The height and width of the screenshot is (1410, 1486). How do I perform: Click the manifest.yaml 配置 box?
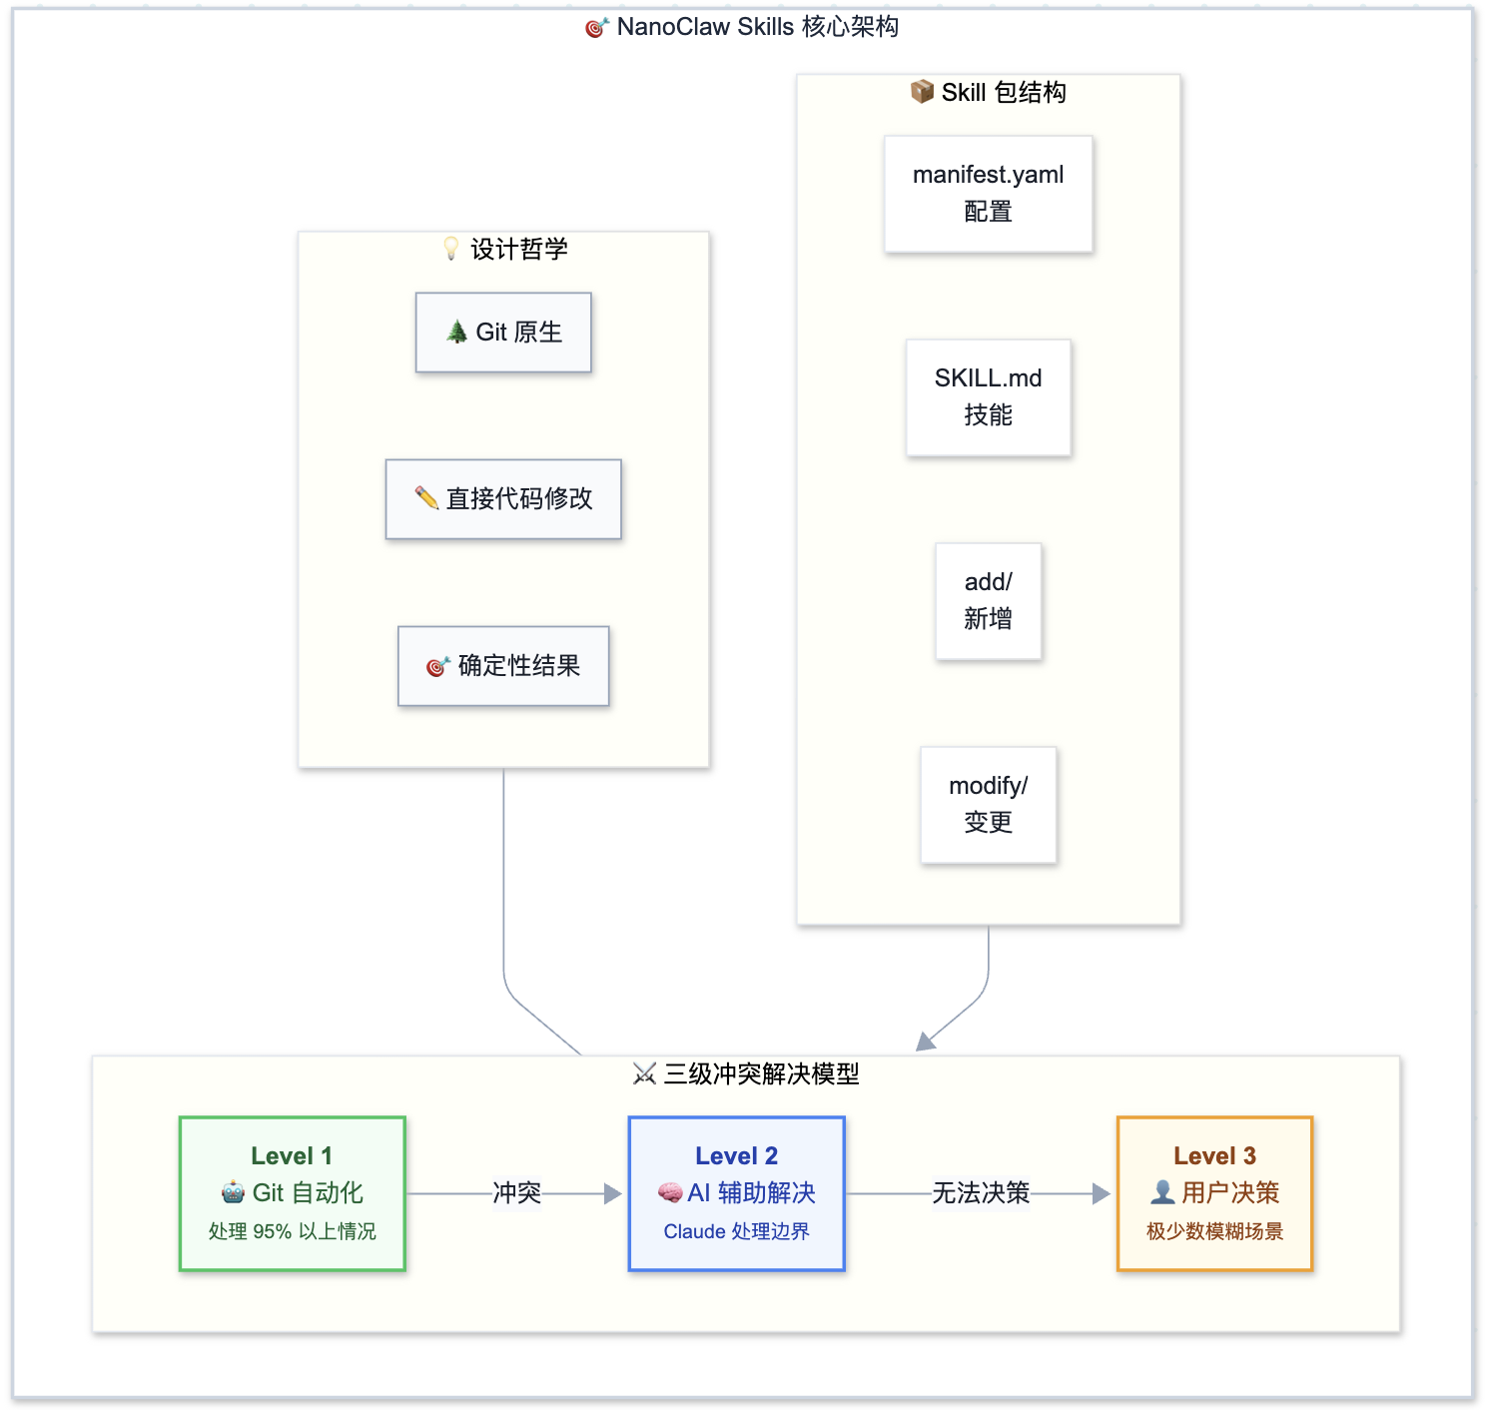[x=988, y=194]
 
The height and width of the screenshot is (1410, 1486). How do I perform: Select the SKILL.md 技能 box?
[x=988, y=397]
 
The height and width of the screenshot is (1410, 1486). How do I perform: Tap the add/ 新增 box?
[x=988, y=601]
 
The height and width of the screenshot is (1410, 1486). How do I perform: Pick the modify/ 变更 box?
[x=988, y=805]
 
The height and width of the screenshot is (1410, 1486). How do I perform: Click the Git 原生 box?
[x=503, y=333]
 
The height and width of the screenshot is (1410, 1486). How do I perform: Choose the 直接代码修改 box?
[x=503, y=499]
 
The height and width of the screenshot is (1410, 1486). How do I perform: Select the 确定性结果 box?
[x=503, y=666]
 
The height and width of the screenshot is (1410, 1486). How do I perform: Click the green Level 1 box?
[x=292, y=1193]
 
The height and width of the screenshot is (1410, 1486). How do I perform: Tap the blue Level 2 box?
[x=736, y=1193]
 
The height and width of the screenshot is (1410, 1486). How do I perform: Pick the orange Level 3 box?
[x=1214, y=1193]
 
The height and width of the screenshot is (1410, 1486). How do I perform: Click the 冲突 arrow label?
[x=516, y=1193]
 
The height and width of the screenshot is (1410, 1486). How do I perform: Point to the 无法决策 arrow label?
[x=980, y=1193]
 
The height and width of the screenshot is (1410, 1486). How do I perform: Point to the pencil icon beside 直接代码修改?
[x=426, y=497]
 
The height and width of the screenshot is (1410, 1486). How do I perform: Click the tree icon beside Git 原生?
[x=456, y=332]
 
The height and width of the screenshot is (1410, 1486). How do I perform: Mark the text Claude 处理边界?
[x=736, y=1231]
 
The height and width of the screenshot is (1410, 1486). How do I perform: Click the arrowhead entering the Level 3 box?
[x=1102, y=1193]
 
